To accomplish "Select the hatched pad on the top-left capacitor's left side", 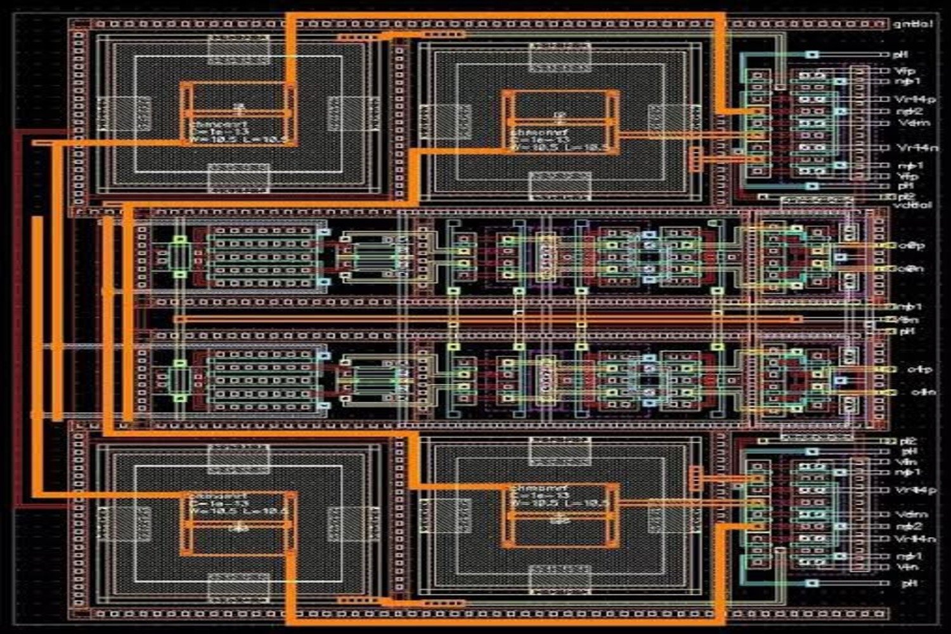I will click(x=124, y=113).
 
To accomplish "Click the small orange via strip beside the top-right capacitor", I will click(x=695, y=159).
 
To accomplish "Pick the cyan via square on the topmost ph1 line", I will click(x=812, y=55).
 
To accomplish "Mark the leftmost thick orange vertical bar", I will click(x=38, y=317).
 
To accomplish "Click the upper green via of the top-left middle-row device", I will click(x=180, y=240).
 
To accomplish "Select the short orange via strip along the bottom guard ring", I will click(x=358, y=600).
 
